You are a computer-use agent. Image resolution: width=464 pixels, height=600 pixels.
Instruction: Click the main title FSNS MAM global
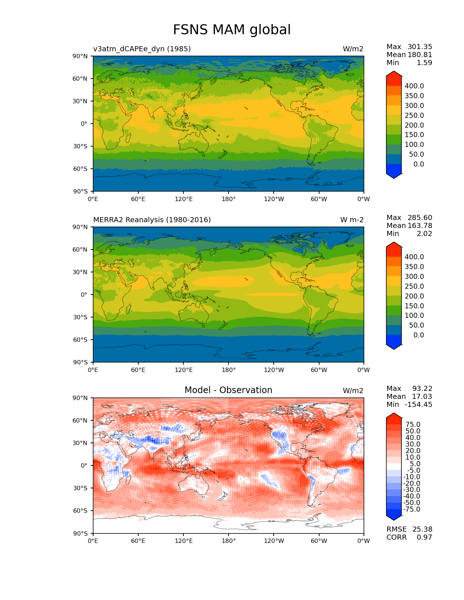tap(232, 30)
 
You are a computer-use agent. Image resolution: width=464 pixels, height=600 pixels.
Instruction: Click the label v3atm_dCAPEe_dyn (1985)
tap(142, 49)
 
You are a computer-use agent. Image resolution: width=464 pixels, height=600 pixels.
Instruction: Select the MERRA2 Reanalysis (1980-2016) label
tap(152, 220)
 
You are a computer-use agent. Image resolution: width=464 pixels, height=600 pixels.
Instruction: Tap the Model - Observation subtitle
tap(228, 390)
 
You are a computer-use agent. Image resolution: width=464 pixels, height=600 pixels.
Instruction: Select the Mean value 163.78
tap(420, 225)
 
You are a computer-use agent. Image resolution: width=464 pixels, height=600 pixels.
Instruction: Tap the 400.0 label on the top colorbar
tap(414, 86)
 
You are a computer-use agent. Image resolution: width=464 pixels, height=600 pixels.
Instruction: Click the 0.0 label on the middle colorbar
tap(419, 335)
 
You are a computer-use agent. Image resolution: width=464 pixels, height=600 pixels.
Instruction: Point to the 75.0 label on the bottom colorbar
tap(413, 424)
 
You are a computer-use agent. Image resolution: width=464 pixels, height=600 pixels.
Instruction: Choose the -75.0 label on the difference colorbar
tap(412, 509)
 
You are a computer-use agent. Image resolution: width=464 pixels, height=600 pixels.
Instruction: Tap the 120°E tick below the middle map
tap(183, 370)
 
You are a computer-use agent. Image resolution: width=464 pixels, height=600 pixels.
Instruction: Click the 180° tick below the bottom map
tap(229, 541)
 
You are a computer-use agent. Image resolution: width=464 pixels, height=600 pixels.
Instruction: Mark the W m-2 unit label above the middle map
tap(352, 220)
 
